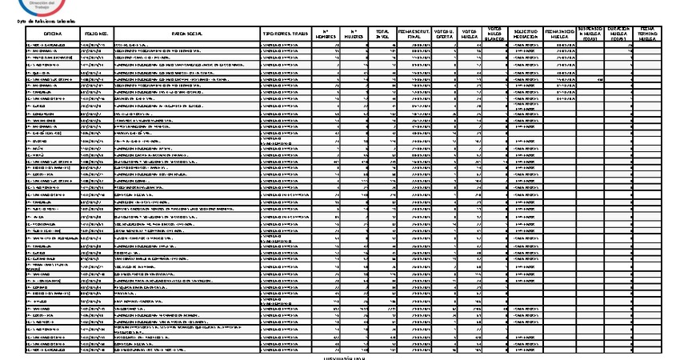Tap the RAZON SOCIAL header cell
pyautogui.click(x=186, y=34)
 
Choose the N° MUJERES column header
pyautogui.click(x=354, y=34)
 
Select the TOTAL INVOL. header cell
pyautogui.click(x=382, y=34)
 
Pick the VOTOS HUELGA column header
pyautogui.click(x=470, y=34)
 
